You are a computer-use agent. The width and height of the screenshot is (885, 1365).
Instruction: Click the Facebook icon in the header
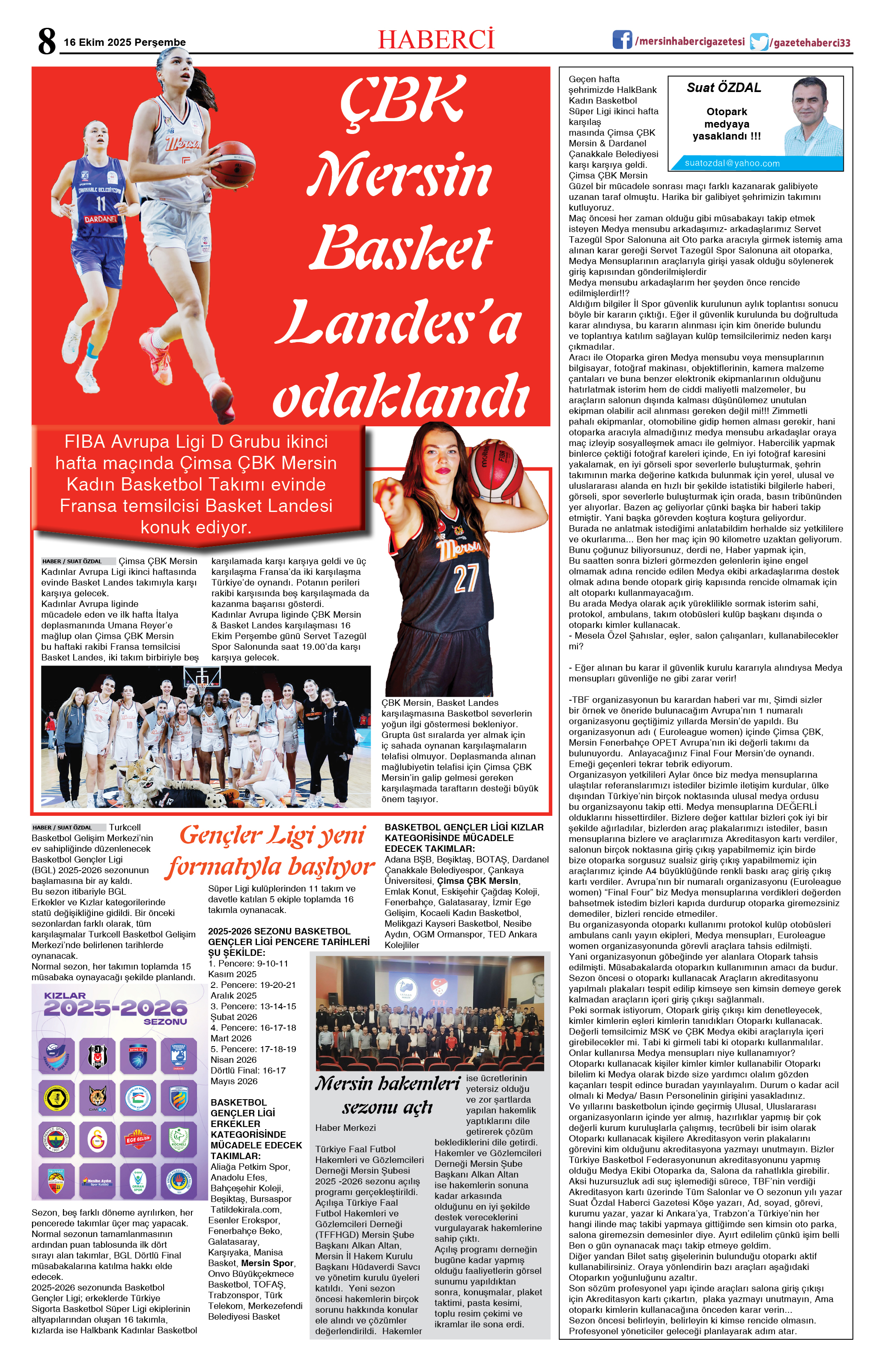[x=622, y=39]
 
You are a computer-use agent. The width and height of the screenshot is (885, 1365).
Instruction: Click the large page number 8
[x=47, y=41]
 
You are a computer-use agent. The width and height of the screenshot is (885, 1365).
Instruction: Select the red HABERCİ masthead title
[x=436, y=39]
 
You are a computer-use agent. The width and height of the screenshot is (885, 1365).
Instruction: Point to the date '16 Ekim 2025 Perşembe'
[x=125, y=42]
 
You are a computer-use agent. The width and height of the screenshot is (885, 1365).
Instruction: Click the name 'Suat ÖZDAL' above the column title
[x=724, y=88]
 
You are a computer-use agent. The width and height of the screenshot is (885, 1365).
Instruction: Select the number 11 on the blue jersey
[x=101, y=204]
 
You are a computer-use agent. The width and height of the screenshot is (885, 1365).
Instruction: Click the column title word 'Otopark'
[x=727, y=112]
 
